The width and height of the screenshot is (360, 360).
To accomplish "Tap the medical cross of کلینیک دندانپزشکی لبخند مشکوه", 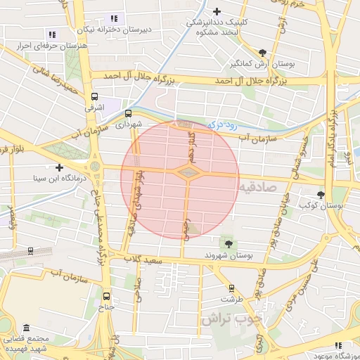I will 217,11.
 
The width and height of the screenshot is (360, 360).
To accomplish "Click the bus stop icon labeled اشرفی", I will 95,97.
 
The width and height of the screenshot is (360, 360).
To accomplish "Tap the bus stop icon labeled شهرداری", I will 129,112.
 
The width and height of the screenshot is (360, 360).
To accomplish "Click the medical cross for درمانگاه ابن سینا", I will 59,167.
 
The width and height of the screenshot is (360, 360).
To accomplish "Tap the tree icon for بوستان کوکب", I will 321,194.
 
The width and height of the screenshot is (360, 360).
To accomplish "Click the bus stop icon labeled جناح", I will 106,296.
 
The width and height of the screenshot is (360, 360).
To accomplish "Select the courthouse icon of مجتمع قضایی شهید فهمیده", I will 27,328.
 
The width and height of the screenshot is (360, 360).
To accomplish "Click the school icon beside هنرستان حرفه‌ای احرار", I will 51,34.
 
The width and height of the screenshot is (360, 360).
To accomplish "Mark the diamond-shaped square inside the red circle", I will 188,172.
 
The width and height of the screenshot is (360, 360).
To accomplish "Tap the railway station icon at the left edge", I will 30,250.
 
